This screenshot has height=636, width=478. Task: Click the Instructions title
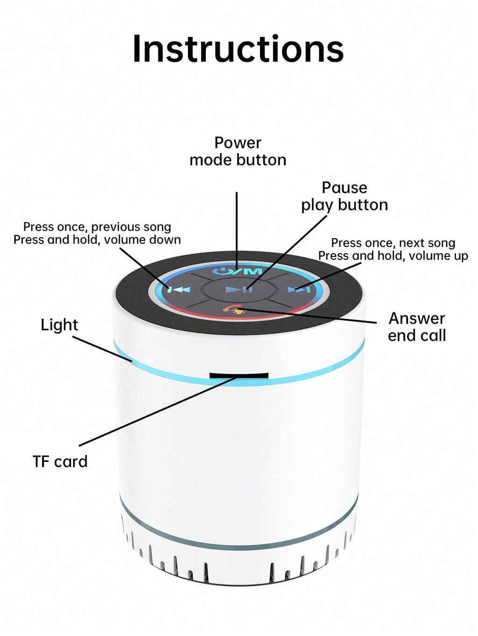click(x=238, y=48)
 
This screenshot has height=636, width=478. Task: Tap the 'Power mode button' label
click(x=238, y=151)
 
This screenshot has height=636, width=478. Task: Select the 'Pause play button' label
click(x=344, y=197)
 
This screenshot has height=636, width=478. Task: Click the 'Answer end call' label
click(x=417, y=327)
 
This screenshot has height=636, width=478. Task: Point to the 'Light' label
click(x=59, y=325)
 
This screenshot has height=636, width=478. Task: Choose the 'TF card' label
click(x=60, y=461)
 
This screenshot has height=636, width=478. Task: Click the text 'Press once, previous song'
click(x=97, y=227)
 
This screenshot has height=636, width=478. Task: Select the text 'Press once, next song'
click(x=393, y=243)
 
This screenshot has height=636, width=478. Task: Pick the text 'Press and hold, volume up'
click(x=393, y=256)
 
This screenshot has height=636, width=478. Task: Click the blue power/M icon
click(x=238, y=271)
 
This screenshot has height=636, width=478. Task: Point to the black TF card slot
click(x=239, y=376)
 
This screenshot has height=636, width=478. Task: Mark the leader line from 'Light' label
click(x=102, y=349)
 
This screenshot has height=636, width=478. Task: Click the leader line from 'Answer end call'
click(x=308, y=316)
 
